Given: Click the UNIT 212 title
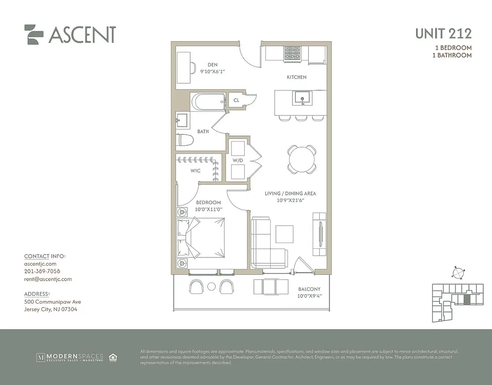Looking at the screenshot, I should [443, 34].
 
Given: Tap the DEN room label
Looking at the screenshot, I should [213, 64].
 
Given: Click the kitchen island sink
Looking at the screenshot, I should [302, 98].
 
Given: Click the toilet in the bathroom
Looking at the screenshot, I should [185, 140].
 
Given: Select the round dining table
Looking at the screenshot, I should [302, 158].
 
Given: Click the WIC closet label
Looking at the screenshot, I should [195, 171].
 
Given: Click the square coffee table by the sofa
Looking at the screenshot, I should [284, 234].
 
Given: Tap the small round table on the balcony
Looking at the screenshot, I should [211, 287].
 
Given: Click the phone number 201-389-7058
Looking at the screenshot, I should [42, 271].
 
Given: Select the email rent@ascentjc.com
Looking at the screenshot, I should [48, 279].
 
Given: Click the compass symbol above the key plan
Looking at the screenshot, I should [458, 273].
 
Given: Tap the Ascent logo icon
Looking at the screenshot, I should [34, 34].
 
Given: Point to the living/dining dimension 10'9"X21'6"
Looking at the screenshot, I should [290, 200].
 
